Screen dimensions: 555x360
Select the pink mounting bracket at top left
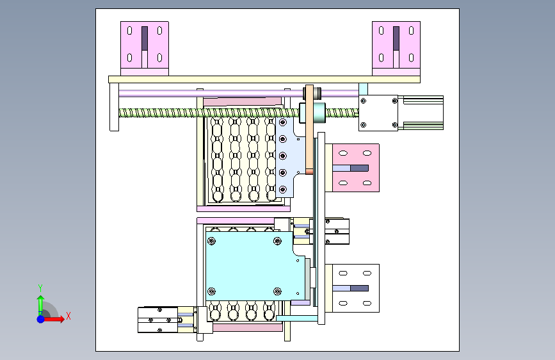point(145,48)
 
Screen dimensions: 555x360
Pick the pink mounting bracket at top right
point(396,48)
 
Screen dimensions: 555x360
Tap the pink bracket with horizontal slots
point(355,168)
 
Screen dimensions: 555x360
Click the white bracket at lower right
point(355,288)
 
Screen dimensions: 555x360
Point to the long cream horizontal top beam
point(264,79)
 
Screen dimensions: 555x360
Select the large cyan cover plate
point(255,266)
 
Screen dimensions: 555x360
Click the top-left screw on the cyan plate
point(212,241)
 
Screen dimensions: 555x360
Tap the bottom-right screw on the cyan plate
point(278,291)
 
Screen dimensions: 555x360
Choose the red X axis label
point(68,316)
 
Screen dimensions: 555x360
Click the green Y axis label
point(40,288)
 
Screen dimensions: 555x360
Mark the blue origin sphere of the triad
point(41,319)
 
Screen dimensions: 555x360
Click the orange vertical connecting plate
point(309,129)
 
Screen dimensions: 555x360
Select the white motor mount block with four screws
point(378,113)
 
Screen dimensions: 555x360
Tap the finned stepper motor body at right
point(421,113)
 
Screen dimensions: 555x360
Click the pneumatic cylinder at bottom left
point(158,320)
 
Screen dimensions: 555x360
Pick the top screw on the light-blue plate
point(283,122)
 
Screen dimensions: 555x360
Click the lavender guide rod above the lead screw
point(239,94)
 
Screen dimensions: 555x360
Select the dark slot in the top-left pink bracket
point(145,38)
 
